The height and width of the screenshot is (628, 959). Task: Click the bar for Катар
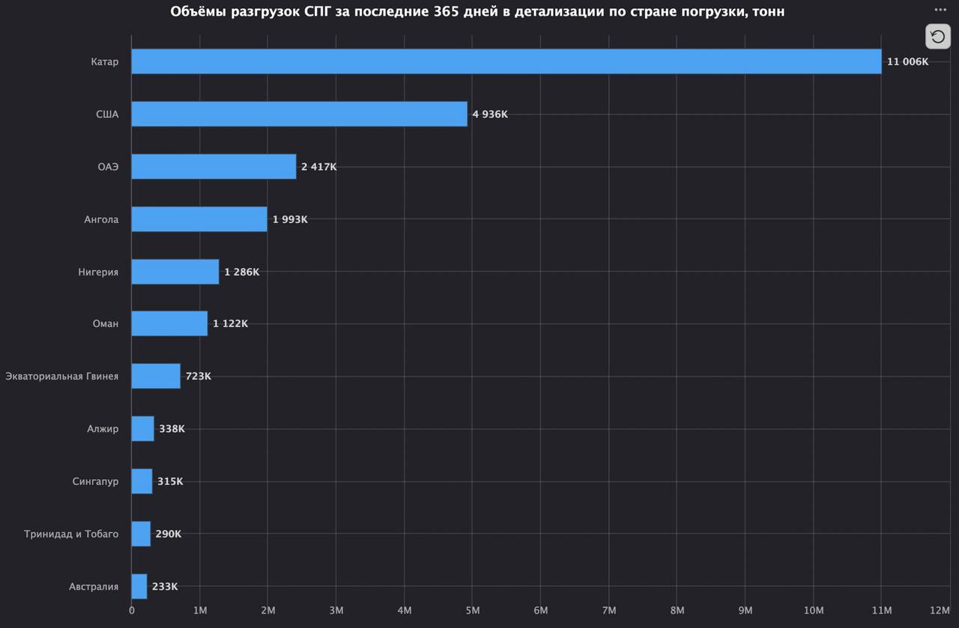(x=506, y=61)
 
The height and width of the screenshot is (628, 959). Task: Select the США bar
(x=299, y=114)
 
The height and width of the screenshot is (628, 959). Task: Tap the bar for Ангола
(x=199, y=219)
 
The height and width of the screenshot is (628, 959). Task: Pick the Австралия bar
(x=139, y=586)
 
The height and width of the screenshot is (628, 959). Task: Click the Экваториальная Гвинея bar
(x=156, y=376)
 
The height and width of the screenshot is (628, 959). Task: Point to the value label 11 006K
(x=907, y=61)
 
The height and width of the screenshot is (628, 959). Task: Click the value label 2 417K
(x=318, y=167)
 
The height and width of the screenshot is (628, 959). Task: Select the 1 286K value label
(x=241, y=272)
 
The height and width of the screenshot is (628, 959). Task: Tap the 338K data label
(x=172, y=429)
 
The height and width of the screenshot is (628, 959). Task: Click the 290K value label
(x=169, y=534)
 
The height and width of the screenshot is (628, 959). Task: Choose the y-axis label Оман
(x=106, y=324)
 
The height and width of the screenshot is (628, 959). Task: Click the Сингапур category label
(x=95, y=482)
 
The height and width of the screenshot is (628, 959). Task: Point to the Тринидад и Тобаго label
(x=71, y=534)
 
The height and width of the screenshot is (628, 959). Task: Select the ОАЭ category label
(x=108, y=167)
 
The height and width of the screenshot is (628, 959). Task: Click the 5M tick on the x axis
(x=472, y=611)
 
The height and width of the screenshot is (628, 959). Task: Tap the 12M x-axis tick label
(x=940, y=611)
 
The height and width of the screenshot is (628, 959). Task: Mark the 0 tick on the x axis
(x=131, y=611)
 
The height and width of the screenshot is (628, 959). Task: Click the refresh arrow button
(x=937, y=37)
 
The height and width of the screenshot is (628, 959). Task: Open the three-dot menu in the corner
(x=940, y=10)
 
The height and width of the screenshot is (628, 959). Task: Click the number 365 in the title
(x=446, y=11)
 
